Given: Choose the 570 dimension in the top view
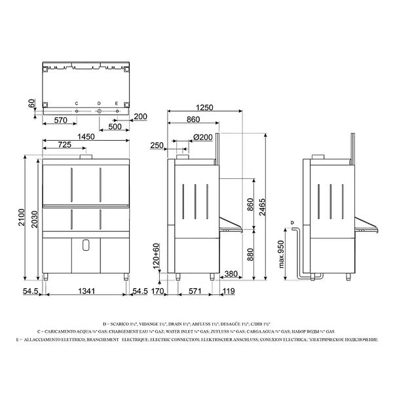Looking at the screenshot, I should (x=61, y=121).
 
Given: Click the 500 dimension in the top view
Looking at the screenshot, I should (x=116, y=126).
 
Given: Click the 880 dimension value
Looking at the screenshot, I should (x=249, y=254).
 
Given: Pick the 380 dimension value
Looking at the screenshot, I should (x=230, y=274).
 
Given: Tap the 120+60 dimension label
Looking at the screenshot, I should (x=157, y=260).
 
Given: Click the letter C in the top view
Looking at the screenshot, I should (x=77, y=103).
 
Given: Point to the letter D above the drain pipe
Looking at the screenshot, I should (x=291, y=223).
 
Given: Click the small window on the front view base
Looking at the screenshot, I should (x=86, y=245).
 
